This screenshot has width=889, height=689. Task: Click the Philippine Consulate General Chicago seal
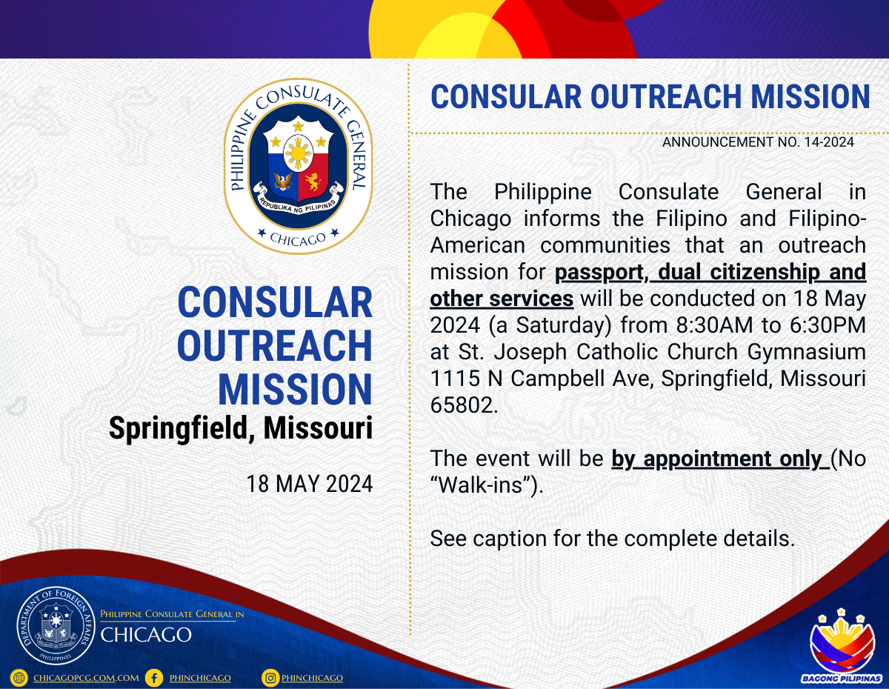[299, 166]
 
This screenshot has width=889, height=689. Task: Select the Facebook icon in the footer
[154, 678]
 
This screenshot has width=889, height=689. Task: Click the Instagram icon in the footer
[270, 678]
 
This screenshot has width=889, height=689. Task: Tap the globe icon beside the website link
[19, 678]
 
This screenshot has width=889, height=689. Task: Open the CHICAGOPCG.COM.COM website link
[86, 678]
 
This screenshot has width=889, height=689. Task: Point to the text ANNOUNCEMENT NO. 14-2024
[758, 142]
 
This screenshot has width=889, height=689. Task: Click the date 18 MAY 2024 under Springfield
[309, 484]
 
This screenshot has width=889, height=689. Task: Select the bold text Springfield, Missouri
[241, 428]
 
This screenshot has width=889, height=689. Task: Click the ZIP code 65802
[464, 405]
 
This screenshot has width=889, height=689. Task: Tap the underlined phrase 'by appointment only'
[717, 459]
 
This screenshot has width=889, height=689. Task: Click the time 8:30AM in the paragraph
[714, 325]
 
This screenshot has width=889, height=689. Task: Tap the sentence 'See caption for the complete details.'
[613, 539]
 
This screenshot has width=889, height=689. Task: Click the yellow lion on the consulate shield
[313, 182]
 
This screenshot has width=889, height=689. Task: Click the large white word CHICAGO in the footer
[146, 635]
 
